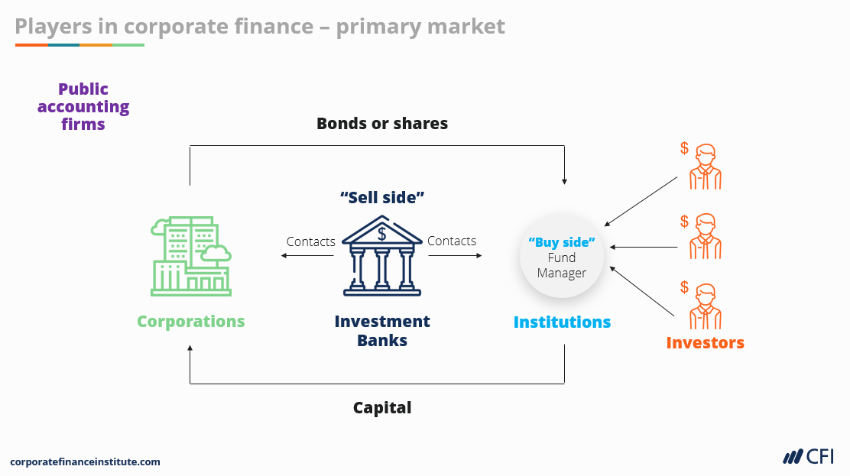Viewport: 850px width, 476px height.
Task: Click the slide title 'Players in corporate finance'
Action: coord(260,26)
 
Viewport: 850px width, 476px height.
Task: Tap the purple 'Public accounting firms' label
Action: coord(83,106)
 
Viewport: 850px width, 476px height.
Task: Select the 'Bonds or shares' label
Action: coord(382,123)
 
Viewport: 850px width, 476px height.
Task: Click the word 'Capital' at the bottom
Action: coord(382,408)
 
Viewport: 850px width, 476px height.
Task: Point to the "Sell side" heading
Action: coord(382,197)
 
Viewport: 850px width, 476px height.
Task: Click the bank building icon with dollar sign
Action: coord(381,255)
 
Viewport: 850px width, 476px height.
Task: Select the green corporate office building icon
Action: coord(191,255)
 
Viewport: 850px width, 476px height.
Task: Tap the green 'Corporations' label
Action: coord(191,321)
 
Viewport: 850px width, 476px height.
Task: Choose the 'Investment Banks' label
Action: coord(382,330)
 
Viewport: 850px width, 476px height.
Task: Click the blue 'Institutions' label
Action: coord(562,322)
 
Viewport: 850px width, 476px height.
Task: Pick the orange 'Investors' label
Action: coord(705,342)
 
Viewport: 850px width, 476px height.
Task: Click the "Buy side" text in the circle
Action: coord(562,242)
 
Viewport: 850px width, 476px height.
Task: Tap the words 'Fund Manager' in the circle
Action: coord(562,265)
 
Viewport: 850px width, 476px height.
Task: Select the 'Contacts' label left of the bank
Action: coord(311,241)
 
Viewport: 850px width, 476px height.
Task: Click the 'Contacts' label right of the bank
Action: coord(452,241)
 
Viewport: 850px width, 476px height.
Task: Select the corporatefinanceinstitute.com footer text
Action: coord(85,461)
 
